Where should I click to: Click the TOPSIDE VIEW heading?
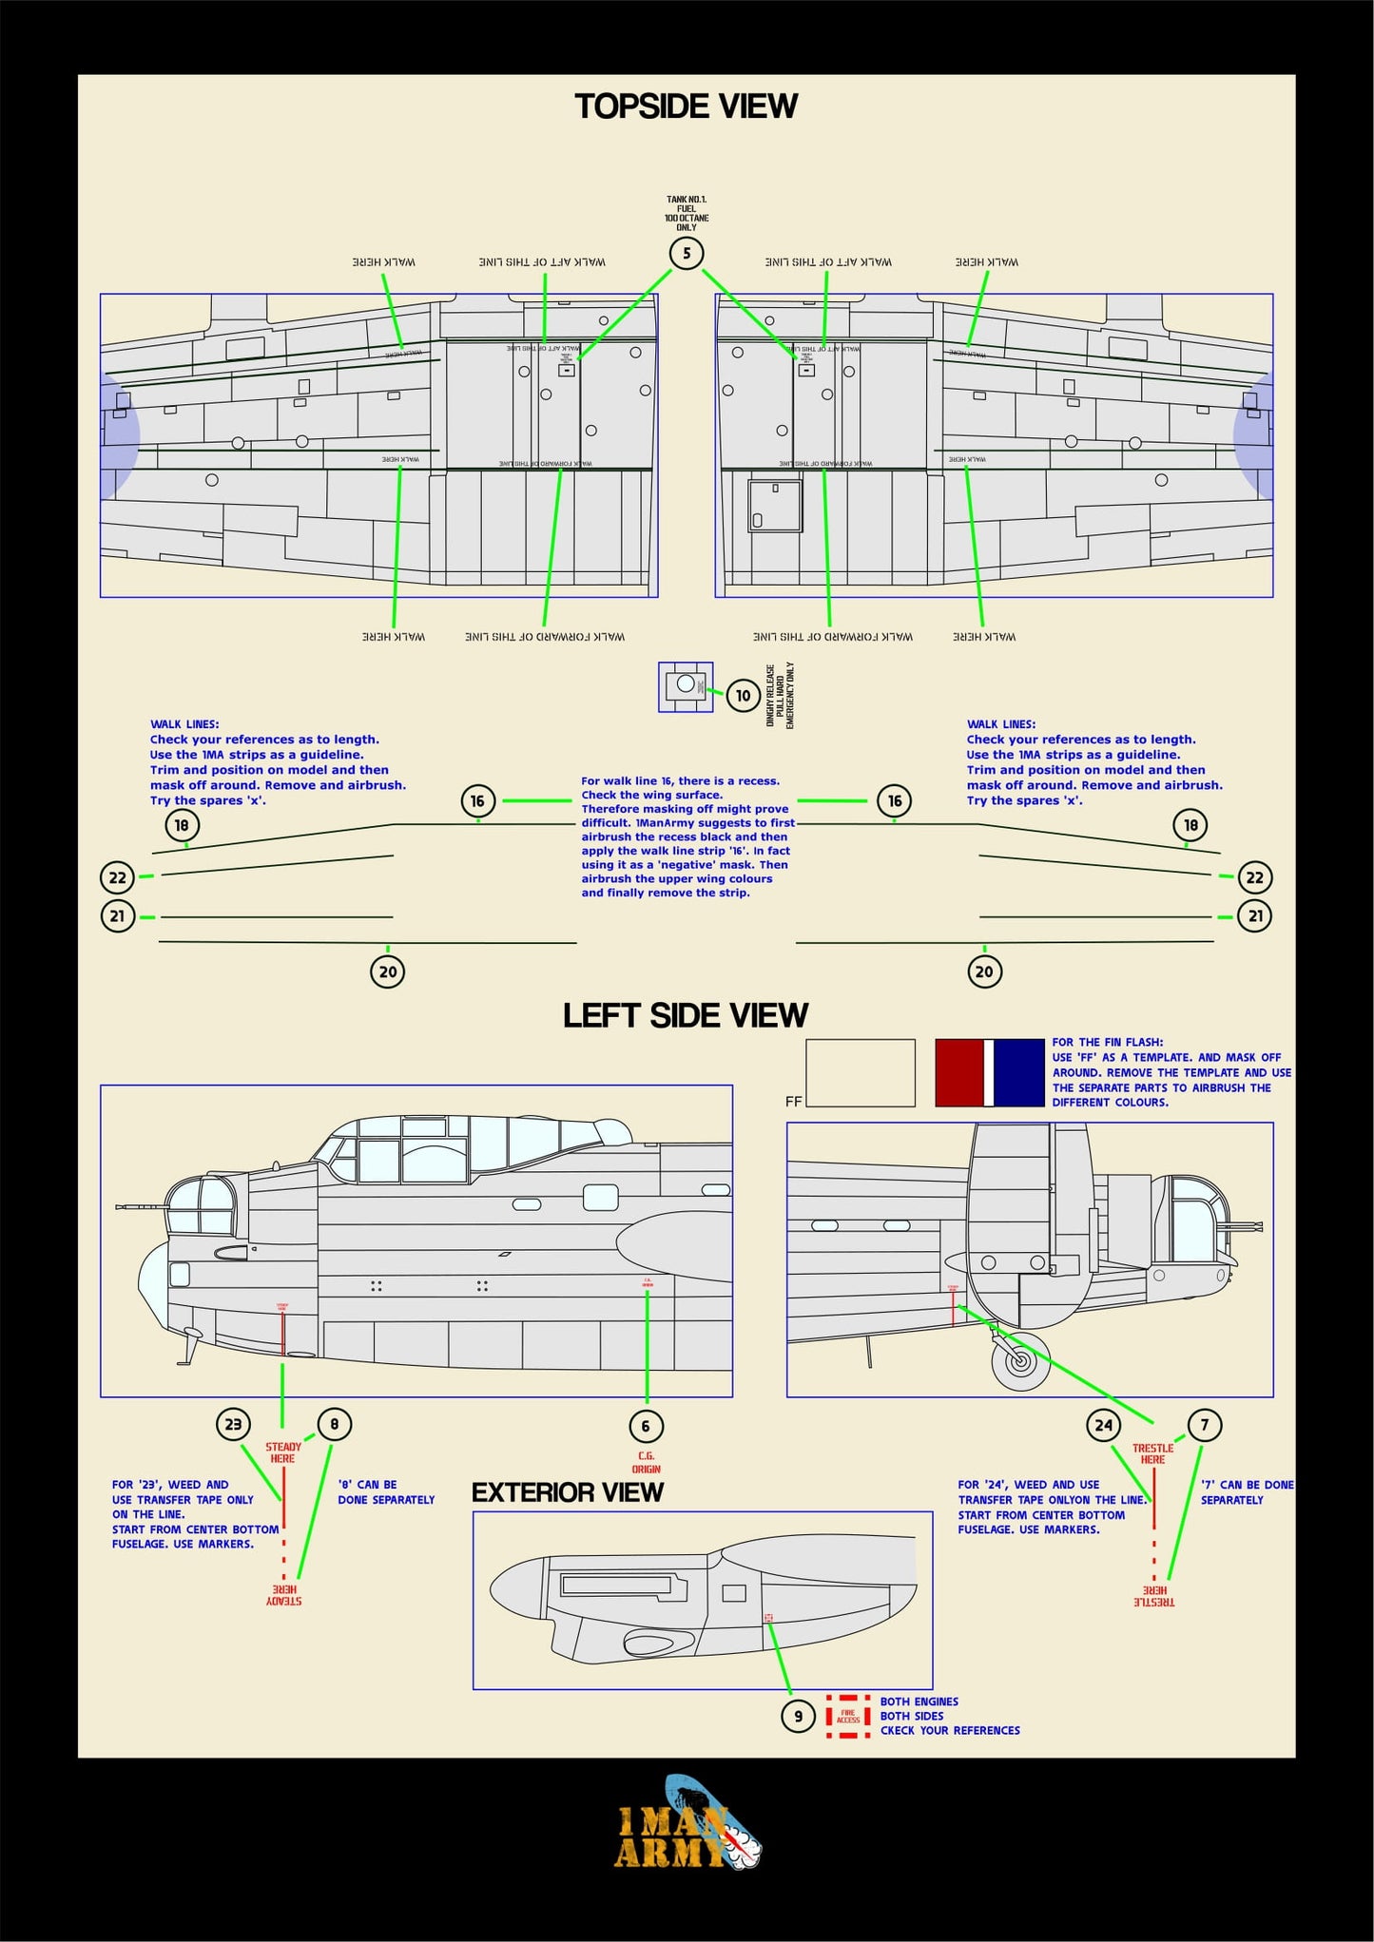[686, 106]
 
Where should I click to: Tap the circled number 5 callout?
[687, 254]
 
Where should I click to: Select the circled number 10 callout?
[744, 696]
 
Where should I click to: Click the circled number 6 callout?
[646, 1426]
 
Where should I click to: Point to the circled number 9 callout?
[798, 1717]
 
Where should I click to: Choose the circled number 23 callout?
[233, 1424]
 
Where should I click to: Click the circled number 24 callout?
[1103, 1425]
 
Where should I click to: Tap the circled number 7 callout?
[1205, 1425]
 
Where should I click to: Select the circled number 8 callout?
[334, 1424]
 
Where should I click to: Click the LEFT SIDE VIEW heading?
[685, 1015]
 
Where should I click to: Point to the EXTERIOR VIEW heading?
[567, 1492]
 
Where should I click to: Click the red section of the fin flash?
[958, 1072]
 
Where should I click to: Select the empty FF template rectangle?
[860, 1072]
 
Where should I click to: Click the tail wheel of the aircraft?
[1020, 1360]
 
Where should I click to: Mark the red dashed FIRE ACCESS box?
[848, 1717]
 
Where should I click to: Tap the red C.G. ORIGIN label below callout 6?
[646, 1462]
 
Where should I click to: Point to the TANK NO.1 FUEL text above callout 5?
[687, 214]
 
